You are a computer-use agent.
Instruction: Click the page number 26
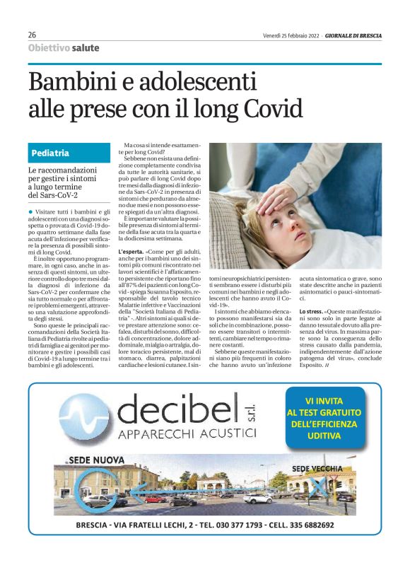(x=33, y=35)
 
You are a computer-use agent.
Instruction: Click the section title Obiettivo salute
(x=64, y=48)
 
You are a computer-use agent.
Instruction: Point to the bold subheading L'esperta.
(x=131, y=252)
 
